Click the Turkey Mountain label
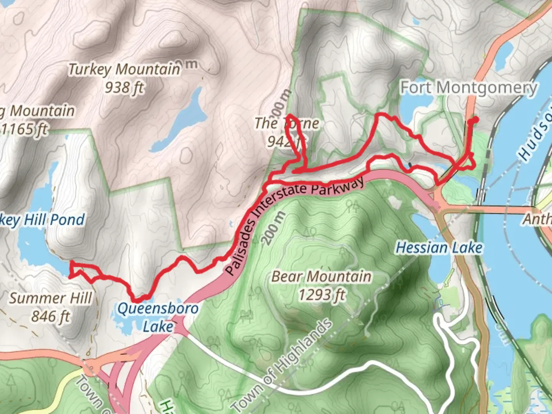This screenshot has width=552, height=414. tap(124, 69)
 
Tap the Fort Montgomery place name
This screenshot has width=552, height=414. tap(468, 88)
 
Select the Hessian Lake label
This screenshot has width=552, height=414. tap(439, 248)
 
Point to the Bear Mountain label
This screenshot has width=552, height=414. tap(321, 276)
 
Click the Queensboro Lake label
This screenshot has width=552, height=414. tap(158, 317)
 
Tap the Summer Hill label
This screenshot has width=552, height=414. tap(51, 298)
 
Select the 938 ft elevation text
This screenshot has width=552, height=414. tap(124, 88)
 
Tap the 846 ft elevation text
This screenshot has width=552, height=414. tap(51, 317)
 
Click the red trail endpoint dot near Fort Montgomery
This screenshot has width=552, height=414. tap(475, 120)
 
